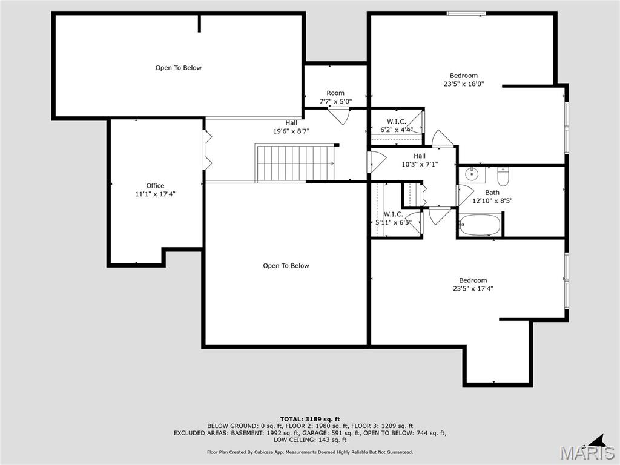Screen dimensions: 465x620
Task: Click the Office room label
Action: [155, 186]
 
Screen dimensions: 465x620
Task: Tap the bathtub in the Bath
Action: [480, 225]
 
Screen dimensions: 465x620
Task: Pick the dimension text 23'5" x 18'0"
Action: [464, 84]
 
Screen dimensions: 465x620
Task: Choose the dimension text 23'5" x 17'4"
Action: [473, 289]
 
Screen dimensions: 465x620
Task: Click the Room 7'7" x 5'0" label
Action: [335, 97]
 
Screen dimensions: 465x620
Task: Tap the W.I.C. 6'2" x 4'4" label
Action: [397, 125]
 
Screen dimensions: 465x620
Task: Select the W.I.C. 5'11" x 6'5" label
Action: [394, 218]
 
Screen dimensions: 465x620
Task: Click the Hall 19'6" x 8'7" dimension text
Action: [291, 131]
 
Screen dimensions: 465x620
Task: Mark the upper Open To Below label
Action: [179, 68]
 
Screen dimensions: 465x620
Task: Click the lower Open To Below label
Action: [286, 266]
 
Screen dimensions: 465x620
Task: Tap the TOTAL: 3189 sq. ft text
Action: [310, 419]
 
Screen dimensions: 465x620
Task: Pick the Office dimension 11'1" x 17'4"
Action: [155, 194]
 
